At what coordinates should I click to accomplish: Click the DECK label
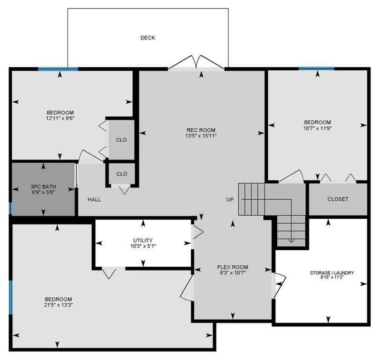(x=148, y=37)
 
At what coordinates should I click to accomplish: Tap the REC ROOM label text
(x=200, y=130)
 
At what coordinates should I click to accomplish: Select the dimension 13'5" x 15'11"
(x=200, y=136)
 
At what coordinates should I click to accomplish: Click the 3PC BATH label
(x=43, y=186)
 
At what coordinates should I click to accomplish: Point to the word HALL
(x=94, y=199)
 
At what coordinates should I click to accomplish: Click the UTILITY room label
(x=142, y=240)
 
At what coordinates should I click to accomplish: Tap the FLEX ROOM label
(x=233, y=267)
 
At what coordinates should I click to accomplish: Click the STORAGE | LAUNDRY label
(x=332, y=272)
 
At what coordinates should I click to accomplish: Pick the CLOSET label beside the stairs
(x=338, y=199)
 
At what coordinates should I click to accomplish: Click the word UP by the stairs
(x=230, y=200)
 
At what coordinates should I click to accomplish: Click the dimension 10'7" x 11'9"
(x=318, y=128)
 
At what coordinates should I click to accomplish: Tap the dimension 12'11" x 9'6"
(x=60, y=118)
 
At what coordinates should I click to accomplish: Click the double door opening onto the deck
(x=197, y=63)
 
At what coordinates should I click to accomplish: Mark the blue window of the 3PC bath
(x=10, y=208)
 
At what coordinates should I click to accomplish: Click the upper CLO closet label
(x=121, y=140)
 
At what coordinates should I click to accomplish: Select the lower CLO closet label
(x=122, y=174)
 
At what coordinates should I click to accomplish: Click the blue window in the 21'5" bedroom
(x=11, y=297)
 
